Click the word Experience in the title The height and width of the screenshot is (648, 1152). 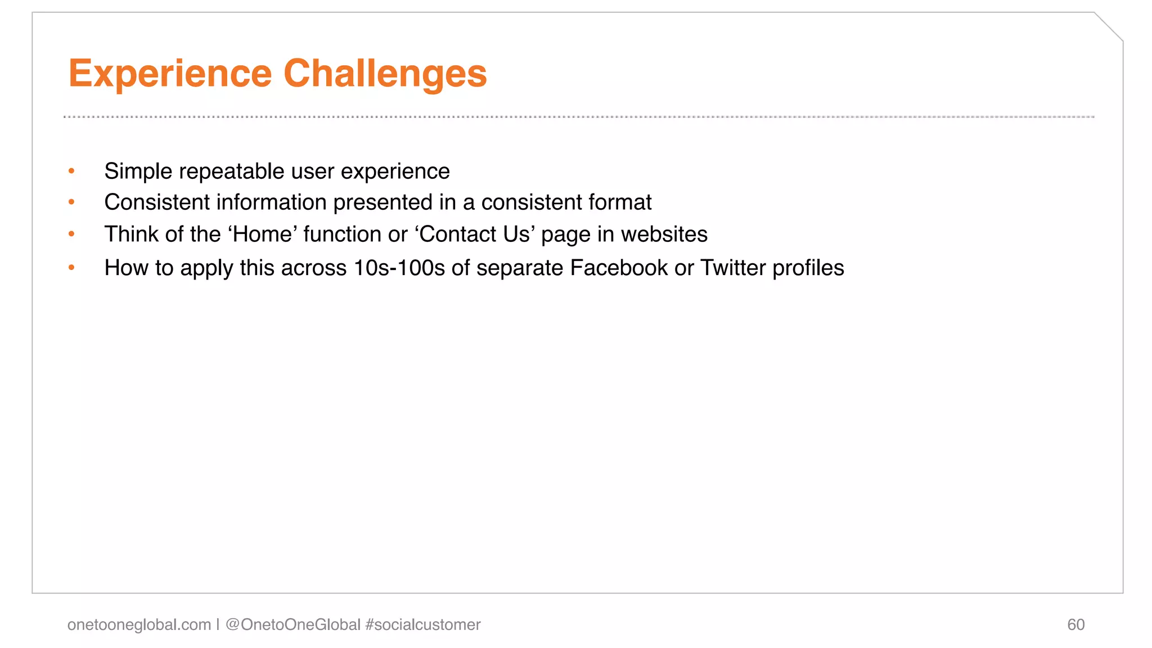170,74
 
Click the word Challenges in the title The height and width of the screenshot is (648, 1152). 385,74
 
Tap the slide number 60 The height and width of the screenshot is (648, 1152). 1075,624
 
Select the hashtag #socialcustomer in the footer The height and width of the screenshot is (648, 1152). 422,624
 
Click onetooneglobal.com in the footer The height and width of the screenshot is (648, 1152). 139,624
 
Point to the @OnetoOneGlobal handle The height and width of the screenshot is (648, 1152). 292,624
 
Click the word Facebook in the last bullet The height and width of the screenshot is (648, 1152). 619,268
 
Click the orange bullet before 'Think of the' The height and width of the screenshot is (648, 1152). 71,234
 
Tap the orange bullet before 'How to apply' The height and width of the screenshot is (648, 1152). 71,268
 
